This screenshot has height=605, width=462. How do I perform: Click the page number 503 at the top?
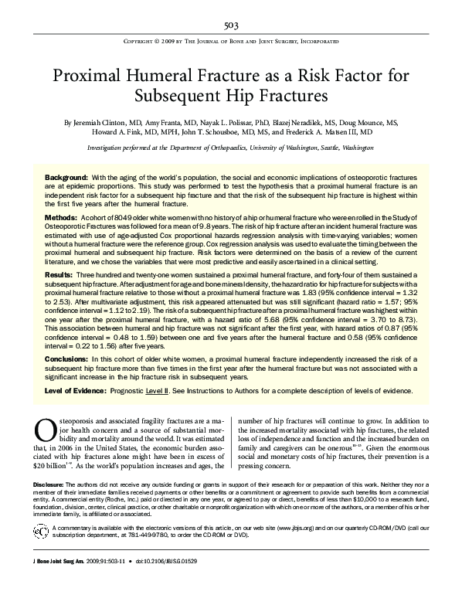(231, 25)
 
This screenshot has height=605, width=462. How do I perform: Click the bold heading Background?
(66, 178)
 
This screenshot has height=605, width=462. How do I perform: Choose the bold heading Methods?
(60, 219)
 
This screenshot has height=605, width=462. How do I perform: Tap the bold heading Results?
(59, 274)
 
